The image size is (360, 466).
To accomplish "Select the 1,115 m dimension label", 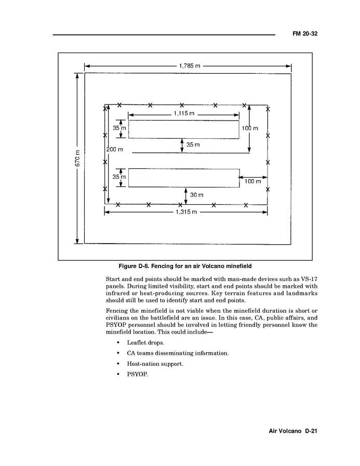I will tap(183, 114).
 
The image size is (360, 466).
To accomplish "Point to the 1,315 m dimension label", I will tap(185, 212).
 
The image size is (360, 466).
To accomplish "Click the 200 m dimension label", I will tap(115, 150).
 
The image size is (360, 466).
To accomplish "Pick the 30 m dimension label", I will tap(196, 195).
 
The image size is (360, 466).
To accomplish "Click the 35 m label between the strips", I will tap(193, 145).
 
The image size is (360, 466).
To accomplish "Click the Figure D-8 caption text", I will tap(185, 266).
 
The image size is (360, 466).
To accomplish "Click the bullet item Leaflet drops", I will tap(145, 343).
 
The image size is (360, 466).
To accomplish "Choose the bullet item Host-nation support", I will tap(155, 364).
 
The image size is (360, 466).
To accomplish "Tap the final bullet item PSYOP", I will tap(138, 374).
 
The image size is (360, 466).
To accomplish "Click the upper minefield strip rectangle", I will tap(184, 129).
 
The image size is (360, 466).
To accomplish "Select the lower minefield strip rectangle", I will tap(184, 178).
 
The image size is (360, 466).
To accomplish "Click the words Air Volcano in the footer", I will tap(285, 431).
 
